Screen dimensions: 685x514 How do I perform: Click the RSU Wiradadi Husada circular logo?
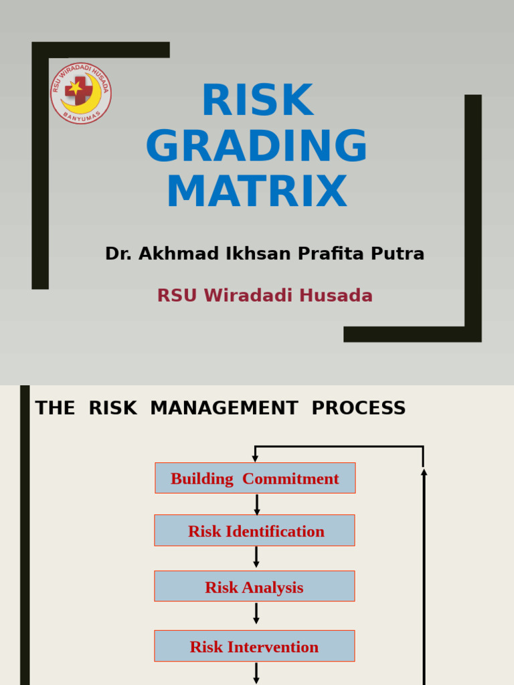(81, 93)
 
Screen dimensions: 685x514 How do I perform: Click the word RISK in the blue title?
(257, 101)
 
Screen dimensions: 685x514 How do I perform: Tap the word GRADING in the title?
(257, 146)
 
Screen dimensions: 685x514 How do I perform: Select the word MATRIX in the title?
(257, 192)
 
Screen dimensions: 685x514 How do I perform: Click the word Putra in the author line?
(399, 254)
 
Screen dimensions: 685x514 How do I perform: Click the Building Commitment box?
(255, 478)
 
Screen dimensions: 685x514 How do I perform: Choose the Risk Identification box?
(255, 530)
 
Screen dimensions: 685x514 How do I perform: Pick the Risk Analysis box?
(255, 587)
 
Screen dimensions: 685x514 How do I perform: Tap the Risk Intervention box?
(255, 646)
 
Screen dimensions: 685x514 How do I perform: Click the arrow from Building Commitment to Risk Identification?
(256, 504)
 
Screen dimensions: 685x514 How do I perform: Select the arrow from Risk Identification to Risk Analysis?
(256, 557)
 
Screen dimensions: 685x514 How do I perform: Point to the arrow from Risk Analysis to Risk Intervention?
(256, 614)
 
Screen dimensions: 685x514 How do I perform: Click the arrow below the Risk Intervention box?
(256, 673)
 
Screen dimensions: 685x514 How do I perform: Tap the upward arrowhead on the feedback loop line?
(424, 472)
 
